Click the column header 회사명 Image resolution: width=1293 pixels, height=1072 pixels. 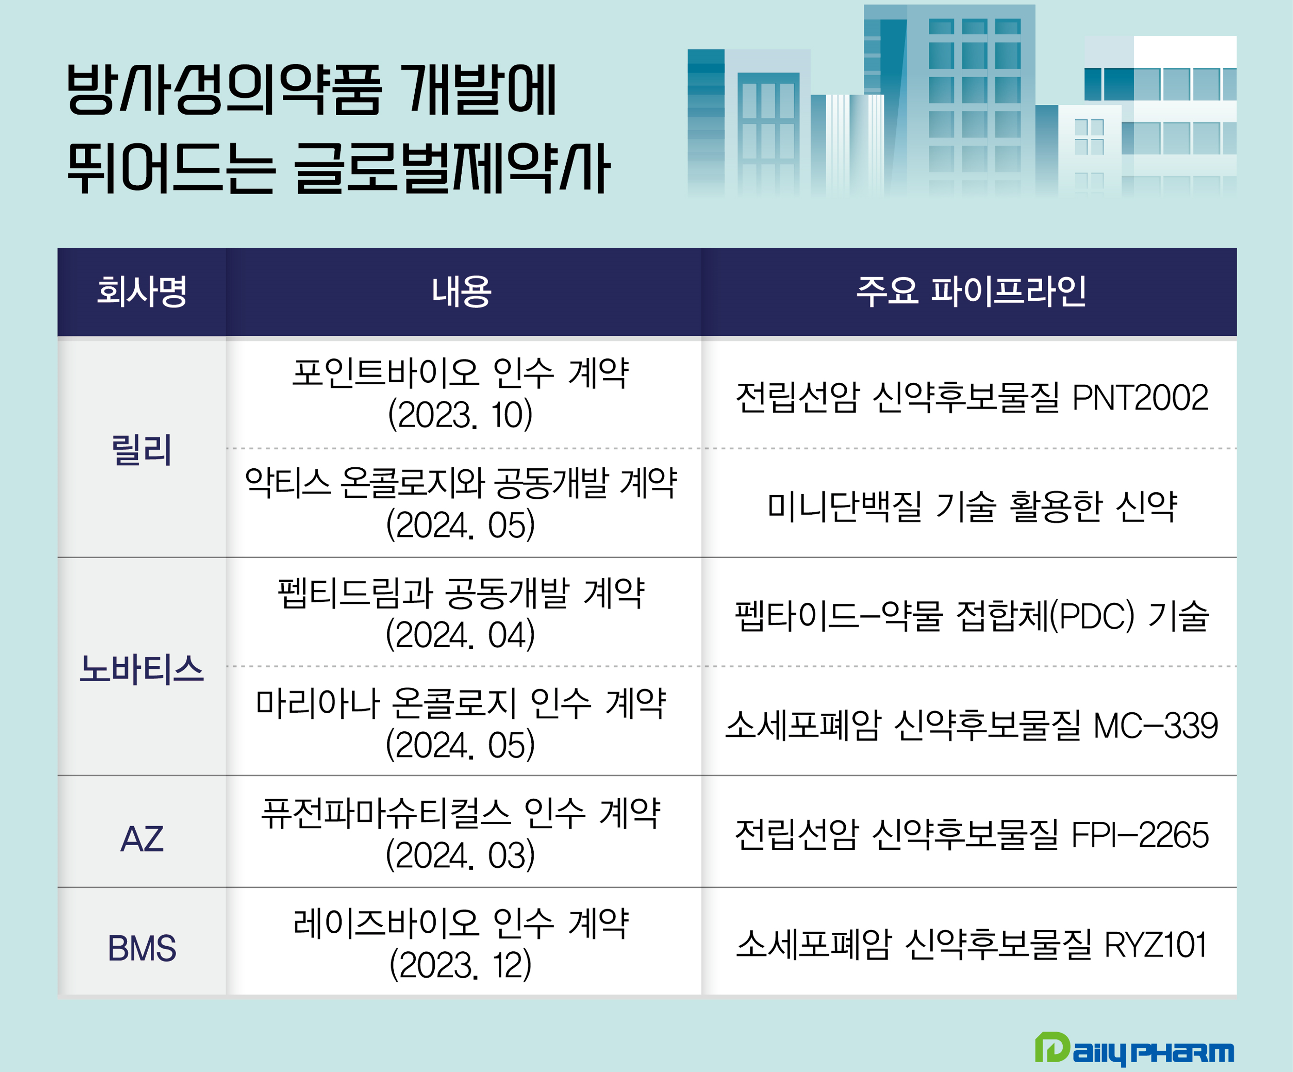142,291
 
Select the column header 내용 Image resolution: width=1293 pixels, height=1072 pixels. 462,291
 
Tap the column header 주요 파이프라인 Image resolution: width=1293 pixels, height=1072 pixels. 971,291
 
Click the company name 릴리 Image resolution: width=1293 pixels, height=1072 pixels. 142,450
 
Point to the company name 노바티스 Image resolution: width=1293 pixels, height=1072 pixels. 142,669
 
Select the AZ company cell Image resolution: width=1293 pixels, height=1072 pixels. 142,839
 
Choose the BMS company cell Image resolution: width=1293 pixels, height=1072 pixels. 142,948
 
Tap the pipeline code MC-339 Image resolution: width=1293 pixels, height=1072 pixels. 1156,725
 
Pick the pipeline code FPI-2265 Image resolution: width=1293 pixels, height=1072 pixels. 1140,835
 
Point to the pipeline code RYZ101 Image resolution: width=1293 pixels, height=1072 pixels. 1156,945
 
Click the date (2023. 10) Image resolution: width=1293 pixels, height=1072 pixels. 461,415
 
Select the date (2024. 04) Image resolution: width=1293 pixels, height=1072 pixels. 461,635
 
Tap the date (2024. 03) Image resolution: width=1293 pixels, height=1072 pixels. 461,855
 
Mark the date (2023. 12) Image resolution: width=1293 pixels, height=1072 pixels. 461,965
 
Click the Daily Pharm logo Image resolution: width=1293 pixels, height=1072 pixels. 1134,1050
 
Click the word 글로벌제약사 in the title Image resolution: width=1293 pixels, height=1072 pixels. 452,168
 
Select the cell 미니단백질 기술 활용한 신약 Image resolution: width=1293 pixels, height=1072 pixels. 972,506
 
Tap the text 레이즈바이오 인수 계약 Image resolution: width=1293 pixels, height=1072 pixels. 461,923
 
